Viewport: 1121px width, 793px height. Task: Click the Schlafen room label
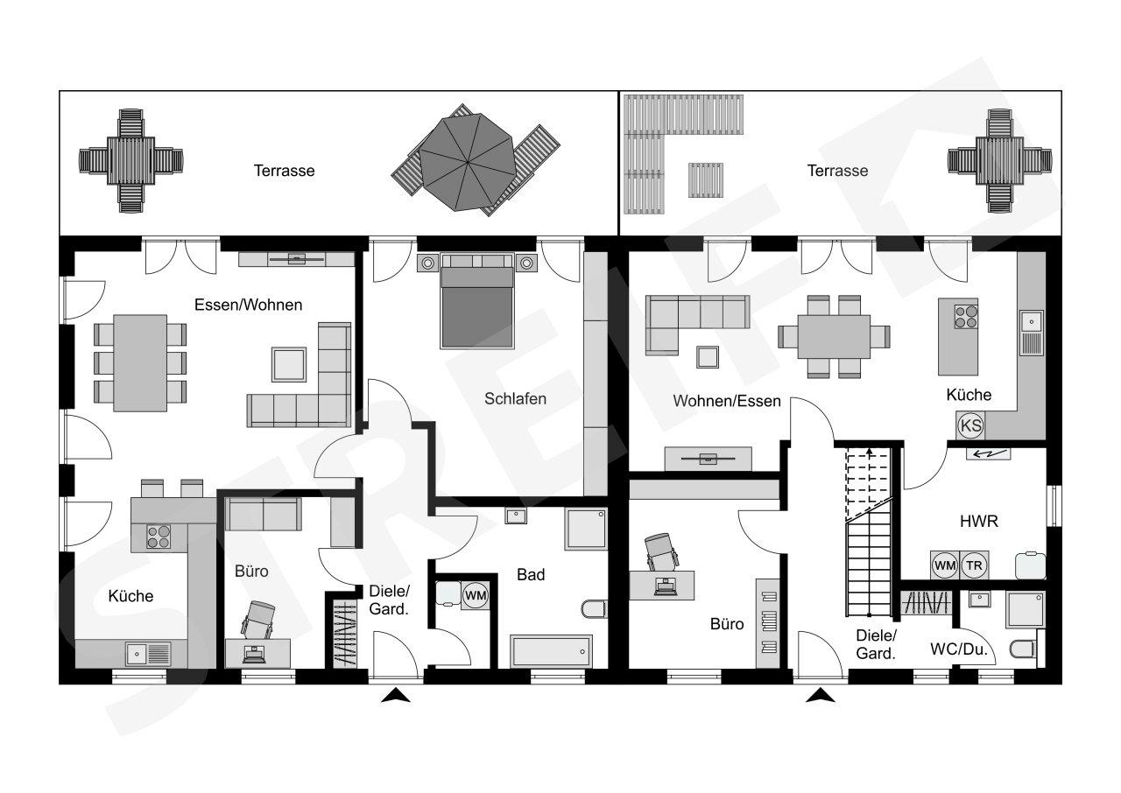coord(515,398)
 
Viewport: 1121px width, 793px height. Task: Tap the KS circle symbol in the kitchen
coord(970,425)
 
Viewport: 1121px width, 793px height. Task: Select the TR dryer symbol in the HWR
coord(974,565)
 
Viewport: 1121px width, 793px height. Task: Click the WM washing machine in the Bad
coord(475,595)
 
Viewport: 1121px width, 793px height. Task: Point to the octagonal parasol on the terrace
coord(468,162)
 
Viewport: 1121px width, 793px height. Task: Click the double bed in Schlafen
coord(477,300)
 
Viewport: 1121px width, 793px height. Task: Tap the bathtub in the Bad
coord(551,651)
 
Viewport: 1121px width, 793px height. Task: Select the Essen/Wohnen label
coord(248,305)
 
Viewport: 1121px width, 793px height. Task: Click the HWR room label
coord(979,522)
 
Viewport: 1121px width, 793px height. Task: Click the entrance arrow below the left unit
coord(395,695)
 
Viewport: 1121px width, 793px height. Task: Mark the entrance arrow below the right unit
coord(821,695)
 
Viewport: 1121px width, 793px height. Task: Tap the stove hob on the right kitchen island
coord(966,317)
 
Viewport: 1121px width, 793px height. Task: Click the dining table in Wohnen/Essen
coord(834,336)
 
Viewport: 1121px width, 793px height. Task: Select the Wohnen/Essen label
coord(727,401)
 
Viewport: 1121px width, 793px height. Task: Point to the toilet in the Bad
coord(594,609)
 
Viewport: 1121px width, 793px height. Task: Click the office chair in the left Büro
coord(258,620)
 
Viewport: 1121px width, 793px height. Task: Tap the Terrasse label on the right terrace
coord(837,171)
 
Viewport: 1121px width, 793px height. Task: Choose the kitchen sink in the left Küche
coord(149,654)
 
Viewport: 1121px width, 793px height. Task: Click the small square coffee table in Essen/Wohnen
coord(289,364)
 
